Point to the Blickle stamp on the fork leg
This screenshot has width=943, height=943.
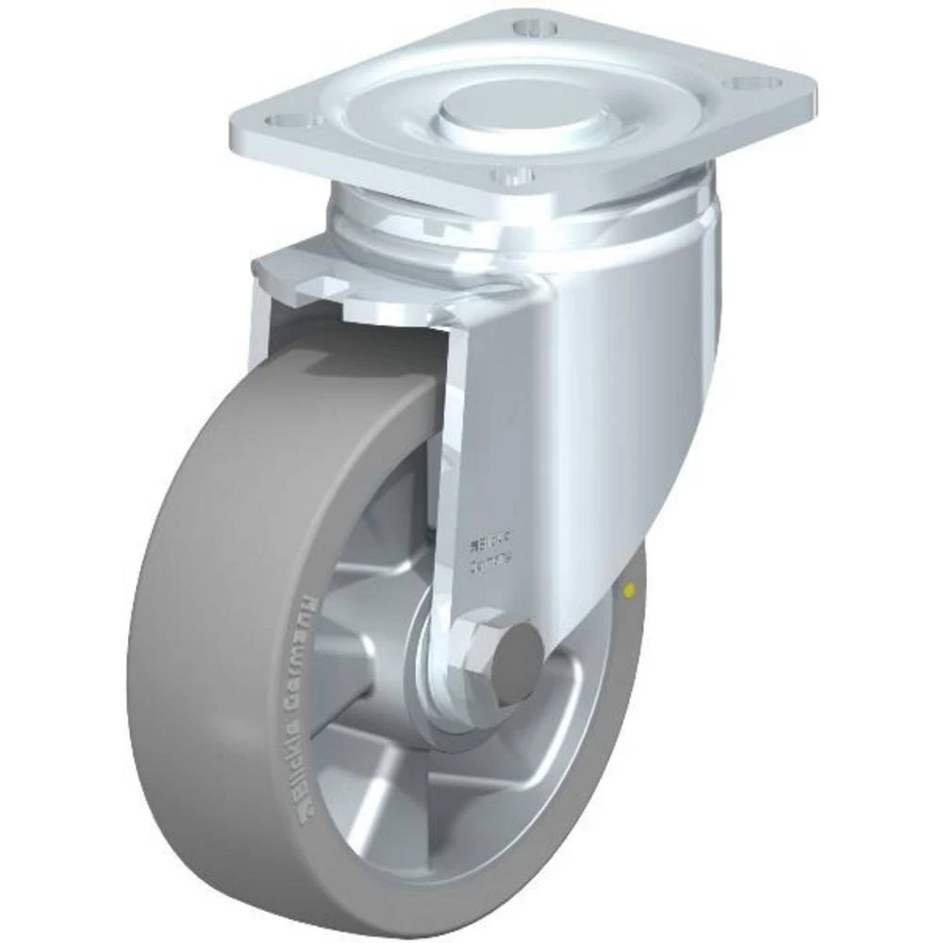click(488, 541)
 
